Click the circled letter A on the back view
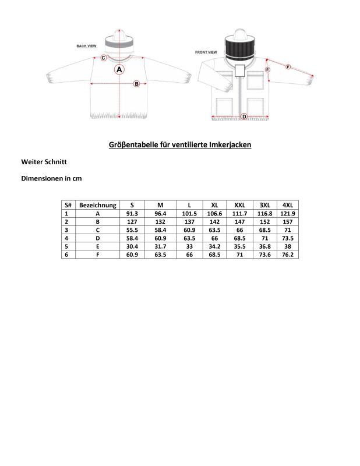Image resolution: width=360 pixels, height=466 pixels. pyautogui.click(x=119, y=69)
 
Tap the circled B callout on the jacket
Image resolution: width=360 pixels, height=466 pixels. pyautogui.click(x=136, y=83)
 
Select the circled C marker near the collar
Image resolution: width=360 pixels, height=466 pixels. pyautogui.click(x=103, y=58)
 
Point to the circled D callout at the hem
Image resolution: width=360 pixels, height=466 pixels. pyautogui.click(x=243, y=116)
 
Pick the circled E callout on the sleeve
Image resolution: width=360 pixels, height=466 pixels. pyautogui.click(x=267, y=69)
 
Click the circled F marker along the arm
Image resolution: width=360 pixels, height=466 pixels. pyautogui.click(x=287, y=67)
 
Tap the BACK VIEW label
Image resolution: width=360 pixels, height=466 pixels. pyautogui.click(x=86, y=45)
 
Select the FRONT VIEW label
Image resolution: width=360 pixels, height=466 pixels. pyautogui.click(x=206, y=52)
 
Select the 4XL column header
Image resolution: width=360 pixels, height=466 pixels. pyautogui.click(x=287, y=205)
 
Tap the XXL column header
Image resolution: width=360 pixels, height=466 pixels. pyautogui.click(x=239, y=205)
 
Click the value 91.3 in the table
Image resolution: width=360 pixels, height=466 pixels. pyautogui.click(x=132, y=213)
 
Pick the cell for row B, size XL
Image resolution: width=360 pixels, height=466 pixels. pyautogui.click(x=214, y=221)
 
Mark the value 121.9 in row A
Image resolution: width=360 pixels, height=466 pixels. pyautogui.click(x=287, y=213)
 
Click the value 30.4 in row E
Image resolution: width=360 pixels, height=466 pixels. pyautogui.click(x=132, y=246)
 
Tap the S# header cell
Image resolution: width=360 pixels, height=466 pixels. pyautogui.click(x=68, y=205)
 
